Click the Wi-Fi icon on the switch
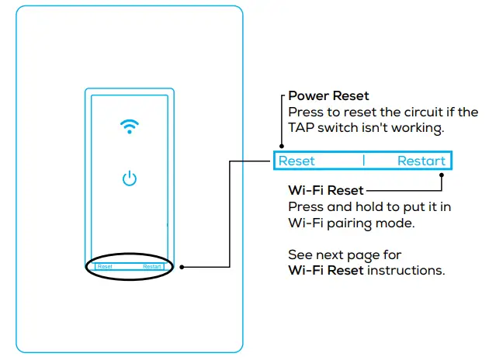(x=130, y=127)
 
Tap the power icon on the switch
(x=130, y=179)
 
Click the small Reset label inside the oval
(x=106, y=267)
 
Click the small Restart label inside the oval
(x=152, y=267)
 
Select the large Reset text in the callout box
(x=297, y=161)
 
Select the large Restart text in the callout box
(x=421, y=161)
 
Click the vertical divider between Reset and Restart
(x=363, y=161)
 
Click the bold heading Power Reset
(x=330, y=96)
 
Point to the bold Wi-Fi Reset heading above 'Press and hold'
(x=324, y=190)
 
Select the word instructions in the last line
(x=406, y=271)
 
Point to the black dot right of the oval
(x=181, y=267)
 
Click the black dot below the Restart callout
(x=442, y=175)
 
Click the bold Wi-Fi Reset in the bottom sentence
(x=324, y=271)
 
